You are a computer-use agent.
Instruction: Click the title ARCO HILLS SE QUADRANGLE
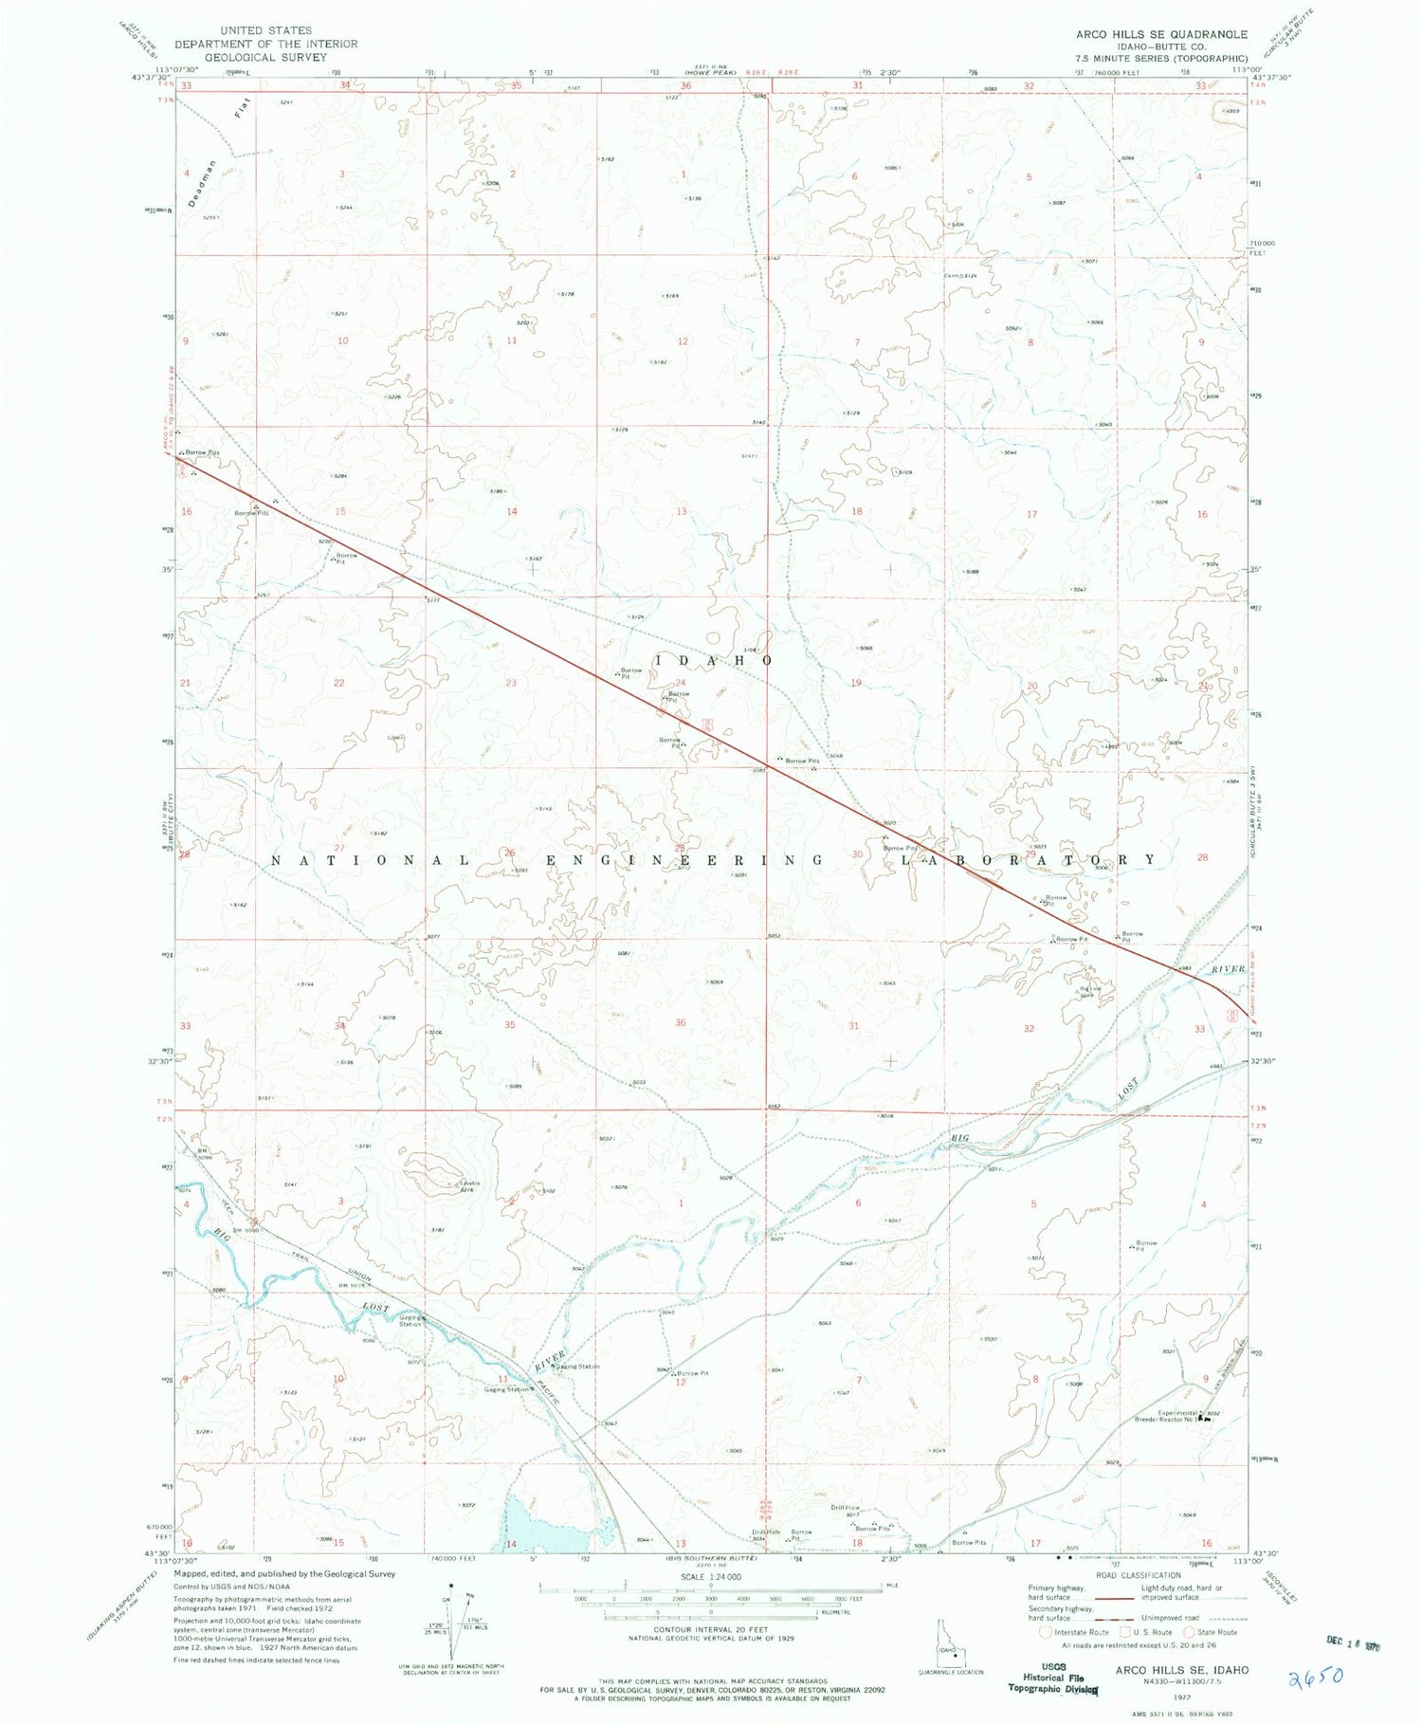click(x=1161, y=34)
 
